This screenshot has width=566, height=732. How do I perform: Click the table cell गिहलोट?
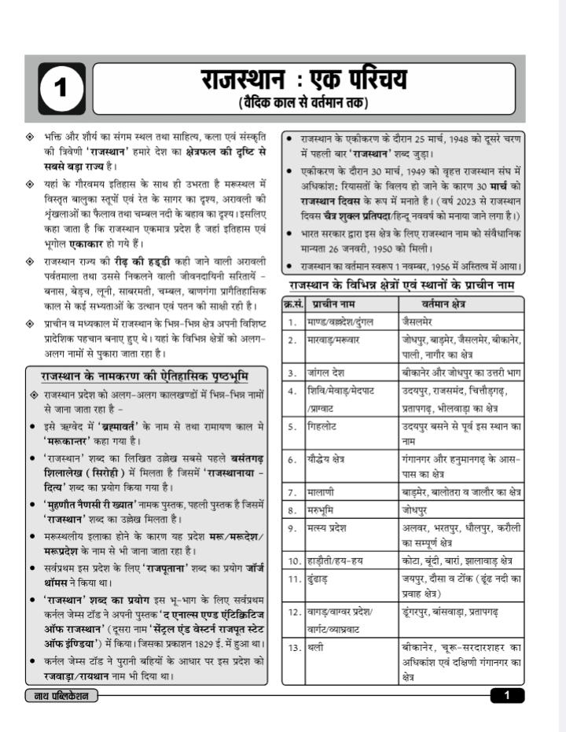pos(323,426)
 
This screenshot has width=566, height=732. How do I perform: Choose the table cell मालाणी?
pos(322,492)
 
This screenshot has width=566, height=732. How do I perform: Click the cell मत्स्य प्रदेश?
pos(328,528)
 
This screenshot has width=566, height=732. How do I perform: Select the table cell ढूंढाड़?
pos(319,579)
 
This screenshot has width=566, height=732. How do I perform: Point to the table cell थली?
pos(316,648)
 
